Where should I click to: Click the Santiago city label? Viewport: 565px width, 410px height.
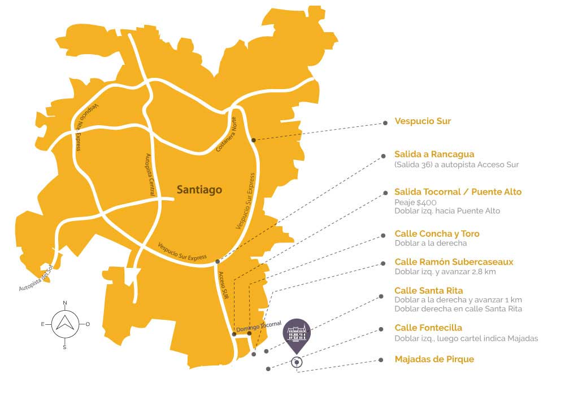pyautogui.click(x=199, y=190)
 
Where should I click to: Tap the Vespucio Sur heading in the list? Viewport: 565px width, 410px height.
pyautogui.click(x=423, y=121)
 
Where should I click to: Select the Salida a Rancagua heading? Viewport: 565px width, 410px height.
pyautogui.click(x=434, y=154)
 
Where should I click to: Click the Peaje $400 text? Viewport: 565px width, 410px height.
pyautogui.click(x=415, y=202)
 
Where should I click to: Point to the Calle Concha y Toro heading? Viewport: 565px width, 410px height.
pyautogui.click(x=437, y=233)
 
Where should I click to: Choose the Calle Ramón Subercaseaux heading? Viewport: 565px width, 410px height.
pyautogui.click(x=454, y=262)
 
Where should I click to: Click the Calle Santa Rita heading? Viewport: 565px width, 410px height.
pyautogui.click(x=429, y=291)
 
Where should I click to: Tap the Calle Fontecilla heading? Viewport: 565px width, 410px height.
pyautogui.click(x=428, y=328)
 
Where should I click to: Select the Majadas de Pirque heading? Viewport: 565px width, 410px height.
pyautogui.click(x=434, y=359)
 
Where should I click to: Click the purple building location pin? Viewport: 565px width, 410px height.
pyautogui.click(x=297, y=333)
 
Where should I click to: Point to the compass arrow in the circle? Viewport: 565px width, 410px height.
pyautogui.click(x=64, y=323)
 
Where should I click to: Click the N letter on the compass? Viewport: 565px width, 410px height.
pyautogui.click(x=64, y=303)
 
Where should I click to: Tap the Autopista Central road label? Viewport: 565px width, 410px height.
pyautogui.click(x=150, y=174)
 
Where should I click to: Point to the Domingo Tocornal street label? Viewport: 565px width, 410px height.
pyautogui.click(x=258, y=327)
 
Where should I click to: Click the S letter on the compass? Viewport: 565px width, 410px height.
pyautogui.click(x=64, y=347)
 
